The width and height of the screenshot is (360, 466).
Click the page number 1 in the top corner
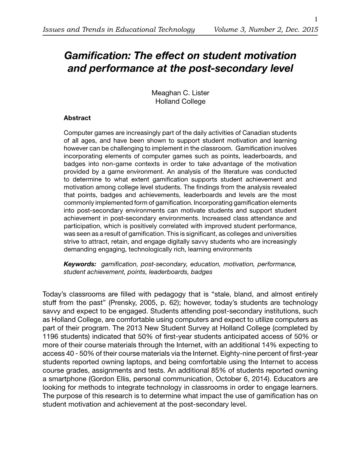click(316, 20)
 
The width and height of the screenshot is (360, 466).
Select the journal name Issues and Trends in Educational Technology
click(119, 30)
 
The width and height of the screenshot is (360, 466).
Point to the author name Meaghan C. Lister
click(180, 93)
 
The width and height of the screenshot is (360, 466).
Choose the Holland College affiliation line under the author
click(180, 101)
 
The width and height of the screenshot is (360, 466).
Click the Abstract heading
click(77, 118)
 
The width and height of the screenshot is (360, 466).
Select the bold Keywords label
click(80, 264)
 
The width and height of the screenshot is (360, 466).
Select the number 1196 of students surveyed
click(51, 337)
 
